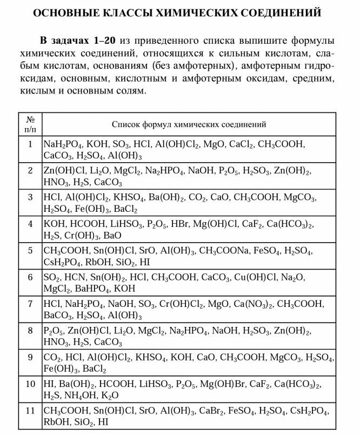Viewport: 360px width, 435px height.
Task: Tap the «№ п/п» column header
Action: coord(30,124)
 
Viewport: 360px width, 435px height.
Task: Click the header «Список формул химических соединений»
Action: coord(189,124)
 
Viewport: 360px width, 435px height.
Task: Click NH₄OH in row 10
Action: coord(81,396)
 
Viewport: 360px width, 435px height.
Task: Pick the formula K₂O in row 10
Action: coord(110,396)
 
